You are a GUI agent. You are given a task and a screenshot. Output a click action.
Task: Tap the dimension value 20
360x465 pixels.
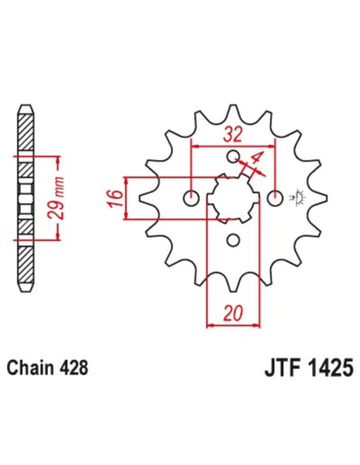[x=233, y=315]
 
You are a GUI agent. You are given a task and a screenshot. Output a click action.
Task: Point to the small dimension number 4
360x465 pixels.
[x=256, y=158]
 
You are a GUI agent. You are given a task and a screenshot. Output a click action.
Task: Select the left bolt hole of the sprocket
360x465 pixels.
[x=190, y=197]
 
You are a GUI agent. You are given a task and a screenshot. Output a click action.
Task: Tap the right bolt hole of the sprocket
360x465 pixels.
[x=275, y=197]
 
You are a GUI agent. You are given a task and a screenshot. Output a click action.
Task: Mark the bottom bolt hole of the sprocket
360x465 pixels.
[x=233, y=240]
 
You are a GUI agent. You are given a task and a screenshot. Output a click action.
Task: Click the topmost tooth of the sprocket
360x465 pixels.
[x=233, y=111]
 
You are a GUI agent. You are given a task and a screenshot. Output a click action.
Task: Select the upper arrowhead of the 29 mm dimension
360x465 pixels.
[x=58, y=158]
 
